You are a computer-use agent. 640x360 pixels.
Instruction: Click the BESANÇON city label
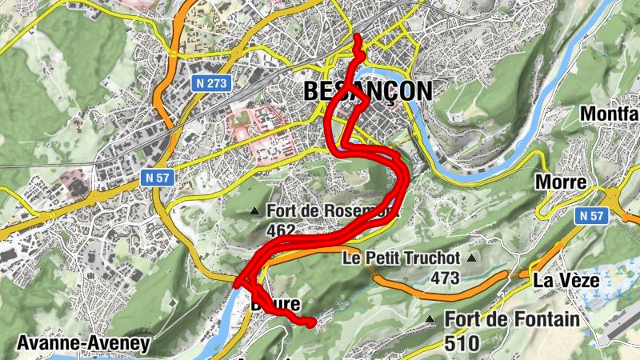tap(368, 91)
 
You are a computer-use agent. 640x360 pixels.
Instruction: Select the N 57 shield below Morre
tap(592, 215)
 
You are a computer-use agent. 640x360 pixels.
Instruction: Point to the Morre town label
tap(561, 182)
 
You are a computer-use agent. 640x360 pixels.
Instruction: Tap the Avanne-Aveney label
tap(82, 345)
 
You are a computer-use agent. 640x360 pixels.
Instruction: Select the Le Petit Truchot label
tap(401, 258)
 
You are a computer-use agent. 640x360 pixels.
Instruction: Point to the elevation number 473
tap(445, 278)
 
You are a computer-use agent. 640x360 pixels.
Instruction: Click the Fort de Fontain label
tap(512, 320)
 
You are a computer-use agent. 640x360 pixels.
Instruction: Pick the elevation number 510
tap(462, 344)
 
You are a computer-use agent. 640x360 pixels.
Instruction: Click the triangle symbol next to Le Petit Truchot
tap(471, 258)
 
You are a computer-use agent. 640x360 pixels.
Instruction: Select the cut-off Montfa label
tap(610, 114)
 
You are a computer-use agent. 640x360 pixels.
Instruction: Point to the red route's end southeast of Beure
tap(311, 322)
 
